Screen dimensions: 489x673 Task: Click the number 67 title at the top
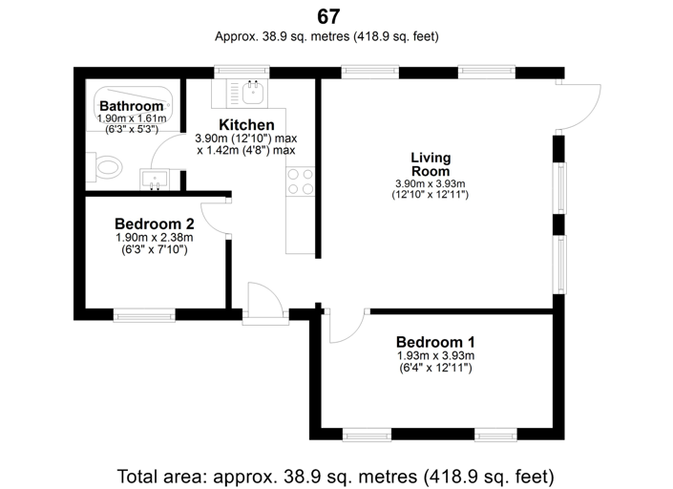pos(328,16)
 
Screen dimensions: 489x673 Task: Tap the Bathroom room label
pos(132,105)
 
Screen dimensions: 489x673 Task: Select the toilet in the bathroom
pos(107,166)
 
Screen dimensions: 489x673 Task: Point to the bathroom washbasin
pos(154,178)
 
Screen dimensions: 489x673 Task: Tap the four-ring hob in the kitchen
pos(301,181)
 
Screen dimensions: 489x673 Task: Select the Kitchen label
pos(246,125)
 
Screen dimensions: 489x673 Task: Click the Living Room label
pos(430,164)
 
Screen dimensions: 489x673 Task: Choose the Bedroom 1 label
pos(435,342)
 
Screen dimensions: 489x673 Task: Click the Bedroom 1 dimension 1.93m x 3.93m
pos(435,356)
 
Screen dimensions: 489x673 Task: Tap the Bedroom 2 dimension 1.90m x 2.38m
pos(154,238)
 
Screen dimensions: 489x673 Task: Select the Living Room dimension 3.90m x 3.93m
pos(430,183)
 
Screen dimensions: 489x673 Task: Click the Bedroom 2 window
pos(143,313)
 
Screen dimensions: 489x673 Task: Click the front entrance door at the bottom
pos(261,304)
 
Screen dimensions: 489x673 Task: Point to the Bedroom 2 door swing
pos(216,218)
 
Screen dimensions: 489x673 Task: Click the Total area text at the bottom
pos(335,475)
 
